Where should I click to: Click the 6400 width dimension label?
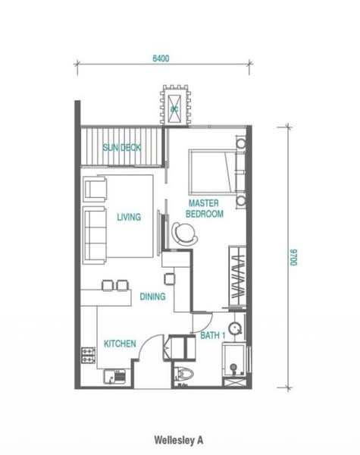pyautogui.click(x=161, y=58)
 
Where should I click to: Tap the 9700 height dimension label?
pyautogui.click(x=293, y=257)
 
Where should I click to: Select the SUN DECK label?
pyautogui.click(x=122, y=148)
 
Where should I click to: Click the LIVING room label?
pyautogui.click(x=129, y=217)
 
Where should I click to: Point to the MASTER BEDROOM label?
pyautogui.click(x=205, y=209)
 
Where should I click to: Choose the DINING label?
pyautogui.click(x=152, y=297)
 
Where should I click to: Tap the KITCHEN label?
pyautogui.click(x=120, y=344)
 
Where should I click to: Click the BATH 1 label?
pyautogui.click(x=213, y=336)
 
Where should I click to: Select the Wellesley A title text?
pyautogui.click(x=178, y=440)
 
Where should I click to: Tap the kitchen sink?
pyautogui.click(x=114, y=376)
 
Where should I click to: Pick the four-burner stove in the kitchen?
pyautogui.click(x=88, y=356)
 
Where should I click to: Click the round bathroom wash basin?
pyautogui.click(x=235, y=329)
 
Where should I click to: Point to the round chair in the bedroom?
pyautogui.click(x=184, y=234)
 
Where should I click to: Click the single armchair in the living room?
pyautogui.click(x=95, y=189)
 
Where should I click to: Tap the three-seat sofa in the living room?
pyautogui.click(x=95, y=235)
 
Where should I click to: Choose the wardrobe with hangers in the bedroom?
pyautogui.click(x=237, y=276)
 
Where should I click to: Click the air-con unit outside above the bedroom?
pyautogui.click(x=175, y=105)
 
